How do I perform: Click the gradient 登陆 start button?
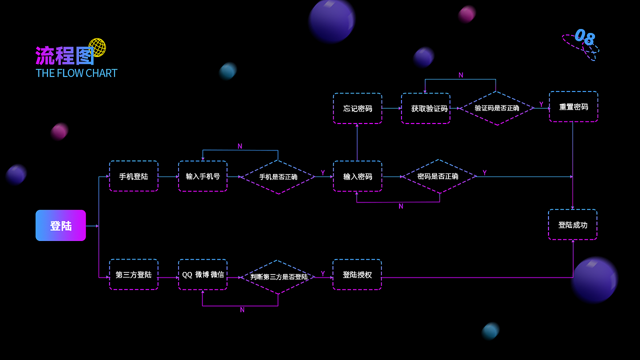pos(60,225)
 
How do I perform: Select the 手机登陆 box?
pos(133,176)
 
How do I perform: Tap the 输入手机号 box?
pos(202,176)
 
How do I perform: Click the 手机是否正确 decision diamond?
pos(278,176)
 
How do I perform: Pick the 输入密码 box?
pos(357,176)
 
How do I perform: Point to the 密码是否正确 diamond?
pos(438,176)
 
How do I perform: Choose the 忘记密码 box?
pos(357,108)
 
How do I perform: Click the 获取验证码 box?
pos(425,108)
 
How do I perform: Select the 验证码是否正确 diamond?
pos(496,108)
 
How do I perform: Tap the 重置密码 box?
pos(573,106)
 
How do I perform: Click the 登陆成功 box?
pos(572,224)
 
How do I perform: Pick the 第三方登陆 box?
pos(133,274)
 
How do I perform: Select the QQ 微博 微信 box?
pos(202,274)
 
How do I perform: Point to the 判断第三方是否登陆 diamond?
pos(278,276)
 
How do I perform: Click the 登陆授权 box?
pos(357,274)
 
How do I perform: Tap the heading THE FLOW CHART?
pos(76,73)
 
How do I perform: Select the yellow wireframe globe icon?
pos(97,47)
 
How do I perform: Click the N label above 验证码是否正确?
pos(460,75)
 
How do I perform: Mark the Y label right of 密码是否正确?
pos(484,172)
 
